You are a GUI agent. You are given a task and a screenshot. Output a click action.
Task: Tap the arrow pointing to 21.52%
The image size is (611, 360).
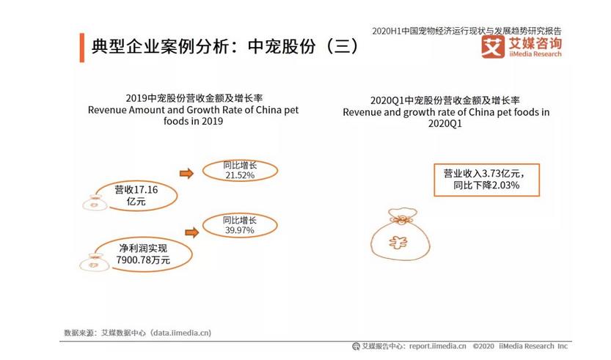point(186,174)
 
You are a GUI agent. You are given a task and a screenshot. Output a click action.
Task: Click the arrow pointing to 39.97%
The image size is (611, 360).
point(192,232)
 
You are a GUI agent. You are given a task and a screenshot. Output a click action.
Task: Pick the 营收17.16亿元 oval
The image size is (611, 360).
point(136,194)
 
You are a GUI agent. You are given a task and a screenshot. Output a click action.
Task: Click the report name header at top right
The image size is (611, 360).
point(467,31)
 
